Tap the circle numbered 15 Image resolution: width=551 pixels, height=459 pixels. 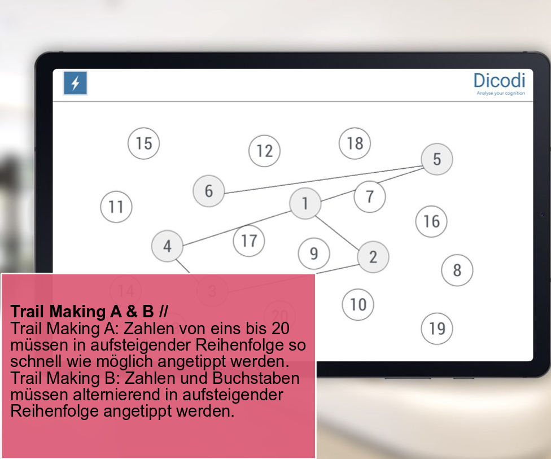(x=143, y=143)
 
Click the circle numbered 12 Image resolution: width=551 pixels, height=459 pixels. (x=264, y=151)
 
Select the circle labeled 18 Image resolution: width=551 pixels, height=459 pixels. (x=355, y=143)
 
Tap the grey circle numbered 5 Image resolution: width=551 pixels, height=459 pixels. (x=437, y=159)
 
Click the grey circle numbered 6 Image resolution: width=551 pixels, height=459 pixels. (x=209, y=191)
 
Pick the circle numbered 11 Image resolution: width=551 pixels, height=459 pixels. (x=116, y=207)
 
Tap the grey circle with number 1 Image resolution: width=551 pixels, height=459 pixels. (x=305, y=203)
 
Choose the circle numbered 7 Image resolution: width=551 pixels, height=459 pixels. (x=370, y=196)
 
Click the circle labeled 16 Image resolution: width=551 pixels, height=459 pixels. (x=431, y=221)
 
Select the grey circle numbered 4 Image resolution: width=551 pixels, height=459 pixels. (x=167, y=246)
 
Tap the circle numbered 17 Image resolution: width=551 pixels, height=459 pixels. (x=249, y=241)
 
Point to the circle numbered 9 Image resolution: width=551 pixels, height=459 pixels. (x=314, y=253)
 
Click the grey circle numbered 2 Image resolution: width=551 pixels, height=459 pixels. (x=373, y=257)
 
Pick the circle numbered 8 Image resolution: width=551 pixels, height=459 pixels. (x=457, y=270)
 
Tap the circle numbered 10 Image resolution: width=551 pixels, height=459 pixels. (x=358, y=305)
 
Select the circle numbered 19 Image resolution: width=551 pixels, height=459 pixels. (x=437, y=329)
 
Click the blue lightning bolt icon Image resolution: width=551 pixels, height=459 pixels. (x=75, y=84)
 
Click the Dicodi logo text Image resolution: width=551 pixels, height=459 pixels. (x=499, y=81)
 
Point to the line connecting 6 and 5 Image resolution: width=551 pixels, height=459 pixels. (x=323, y=179)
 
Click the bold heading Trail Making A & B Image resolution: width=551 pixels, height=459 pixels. (x=89, y=312)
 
